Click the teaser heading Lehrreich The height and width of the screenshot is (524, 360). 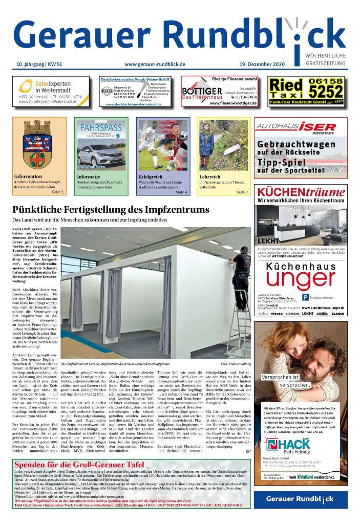(x=210, y=177)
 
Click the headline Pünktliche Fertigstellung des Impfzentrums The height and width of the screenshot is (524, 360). (x=111, y=210)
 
